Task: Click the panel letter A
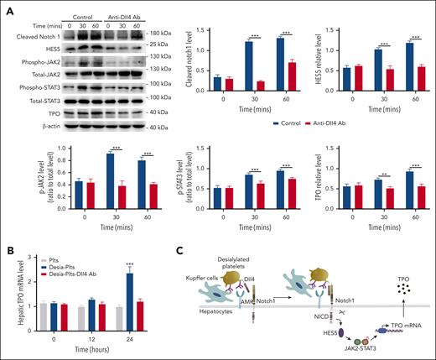[x=8, y=8]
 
